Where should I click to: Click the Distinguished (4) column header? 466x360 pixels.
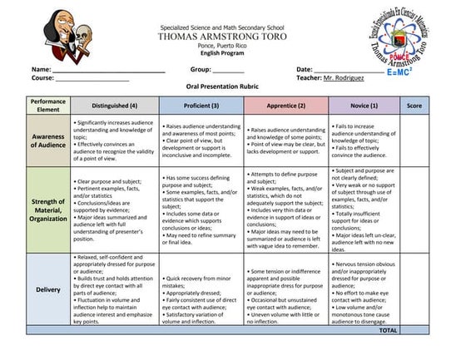point(115,106)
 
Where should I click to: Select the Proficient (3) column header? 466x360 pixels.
point(202,106)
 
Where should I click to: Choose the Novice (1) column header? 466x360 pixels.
point(364,106)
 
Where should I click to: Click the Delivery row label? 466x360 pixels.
point(48,289)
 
